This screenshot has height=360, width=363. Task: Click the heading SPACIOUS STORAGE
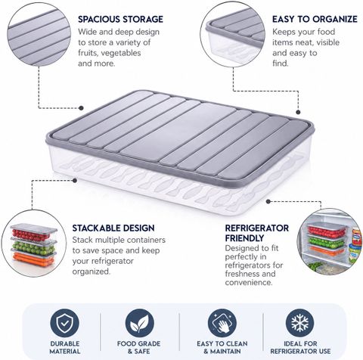coord(120,19)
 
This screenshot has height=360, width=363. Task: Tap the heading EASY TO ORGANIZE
coord(315,19)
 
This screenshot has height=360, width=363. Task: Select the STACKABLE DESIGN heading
coord(113,228)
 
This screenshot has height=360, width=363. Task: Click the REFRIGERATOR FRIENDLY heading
coord(257,233)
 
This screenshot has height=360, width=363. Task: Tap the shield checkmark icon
coord(64,323)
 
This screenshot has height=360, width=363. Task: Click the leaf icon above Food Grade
coord(139,323)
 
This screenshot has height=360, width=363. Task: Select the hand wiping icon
coord(222,323)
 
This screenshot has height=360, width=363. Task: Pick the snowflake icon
coord(300,323)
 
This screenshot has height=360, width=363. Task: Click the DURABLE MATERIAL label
coord(65,347)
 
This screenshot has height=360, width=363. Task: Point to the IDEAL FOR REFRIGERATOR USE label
coord(300,347)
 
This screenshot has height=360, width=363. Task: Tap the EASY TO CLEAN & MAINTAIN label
coord(222,347)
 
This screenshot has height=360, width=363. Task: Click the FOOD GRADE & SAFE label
coord(138,347)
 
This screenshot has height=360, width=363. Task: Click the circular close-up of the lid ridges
coord(39,34)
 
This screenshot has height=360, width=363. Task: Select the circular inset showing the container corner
coord(233,35)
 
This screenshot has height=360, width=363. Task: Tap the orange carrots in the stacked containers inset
coord(33,260)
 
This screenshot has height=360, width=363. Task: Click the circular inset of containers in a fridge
coord(330,241)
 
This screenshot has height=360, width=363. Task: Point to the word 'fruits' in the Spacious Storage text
coord(88,53)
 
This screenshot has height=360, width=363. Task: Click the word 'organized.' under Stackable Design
coord(92,272)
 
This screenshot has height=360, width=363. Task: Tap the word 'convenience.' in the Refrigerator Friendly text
coord(249,282)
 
